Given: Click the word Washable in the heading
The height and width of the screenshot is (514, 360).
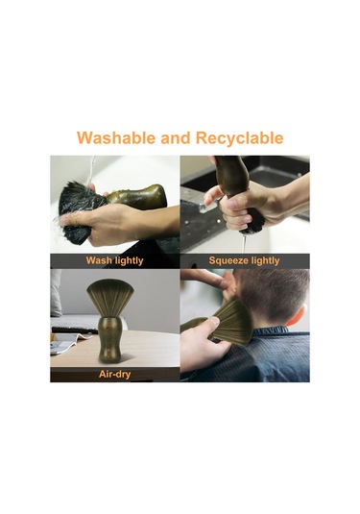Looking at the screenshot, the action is click(x=116, y=137).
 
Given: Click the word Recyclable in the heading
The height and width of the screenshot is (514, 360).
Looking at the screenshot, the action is click(x=239, y=138).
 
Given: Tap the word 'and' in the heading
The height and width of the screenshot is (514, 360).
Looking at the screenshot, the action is click(x=176, y=138).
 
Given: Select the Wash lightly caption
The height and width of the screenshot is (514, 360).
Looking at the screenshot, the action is click(x=114, y=260).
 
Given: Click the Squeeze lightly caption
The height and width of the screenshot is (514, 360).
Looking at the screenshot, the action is click(x=244, y=260).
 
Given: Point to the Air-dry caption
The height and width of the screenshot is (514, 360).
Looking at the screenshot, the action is click(x=114, y=374).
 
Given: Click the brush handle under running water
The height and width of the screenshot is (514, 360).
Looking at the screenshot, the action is click(x=137, y=197).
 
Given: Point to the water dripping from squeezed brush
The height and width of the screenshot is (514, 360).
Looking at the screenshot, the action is click(x=244, y=242).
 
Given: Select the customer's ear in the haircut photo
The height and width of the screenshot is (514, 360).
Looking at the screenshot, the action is click(x=300, y=316).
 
